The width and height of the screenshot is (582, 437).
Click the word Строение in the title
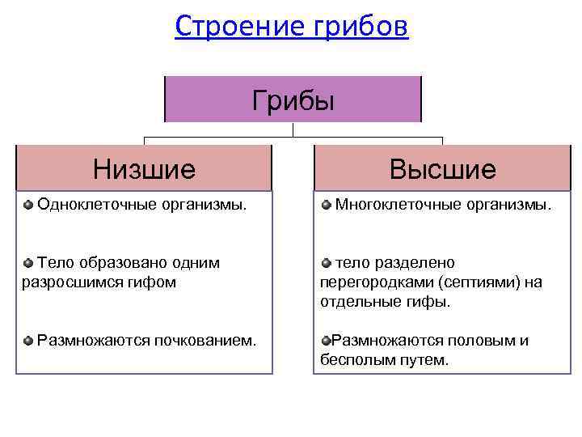[234, 27]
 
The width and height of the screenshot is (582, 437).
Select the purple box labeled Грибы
[293, 100]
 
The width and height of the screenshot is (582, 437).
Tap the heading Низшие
[144, 169]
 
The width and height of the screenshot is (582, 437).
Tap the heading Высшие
[442, 169]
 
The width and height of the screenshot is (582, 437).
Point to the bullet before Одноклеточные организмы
[28, 205]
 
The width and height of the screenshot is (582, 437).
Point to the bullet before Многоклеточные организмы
[326, 205]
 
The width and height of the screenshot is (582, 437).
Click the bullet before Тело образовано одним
[28, 263]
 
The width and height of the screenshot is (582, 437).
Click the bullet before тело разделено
[326, 263]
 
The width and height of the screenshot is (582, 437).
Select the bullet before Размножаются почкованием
[28, 341]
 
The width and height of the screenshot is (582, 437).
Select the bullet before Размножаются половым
[326, 341]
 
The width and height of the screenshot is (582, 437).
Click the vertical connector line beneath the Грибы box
[293, 129]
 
